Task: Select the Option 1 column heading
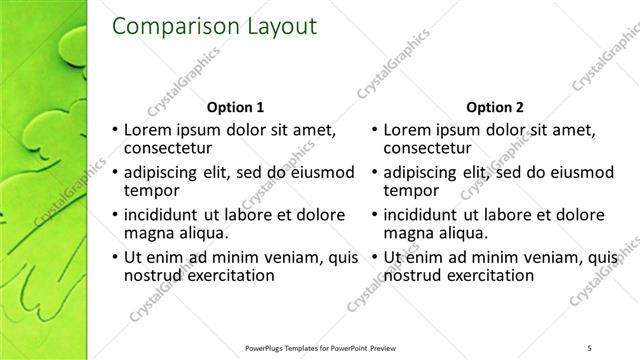[x=235, y=107]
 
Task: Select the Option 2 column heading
[x=495, y=107]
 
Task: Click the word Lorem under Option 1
[x=147, y=130]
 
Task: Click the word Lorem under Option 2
[x=407, y=130]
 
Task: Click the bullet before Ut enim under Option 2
[x=374, y=257]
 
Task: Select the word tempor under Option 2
[x=411, y=190]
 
